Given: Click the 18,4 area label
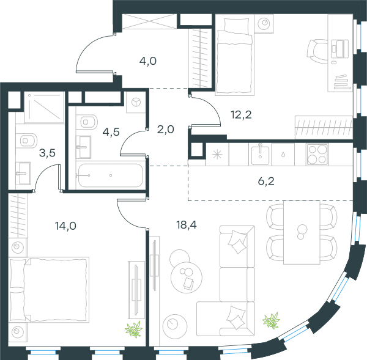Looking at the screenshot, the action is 187,225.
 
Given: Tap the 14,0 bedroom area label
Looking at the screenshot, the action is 65,226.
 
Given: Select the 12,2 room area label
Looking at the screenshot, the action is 241,115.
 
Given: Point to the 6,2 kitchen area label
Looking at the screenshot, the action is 266,182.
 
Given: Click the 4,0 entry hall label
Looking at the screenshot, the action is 148,61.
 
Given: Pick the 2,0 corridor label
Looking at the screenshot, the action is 166,130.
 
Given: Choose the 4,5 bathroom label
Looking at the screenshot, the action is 111,132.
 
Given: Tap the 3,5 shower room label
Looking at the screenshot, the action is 47,153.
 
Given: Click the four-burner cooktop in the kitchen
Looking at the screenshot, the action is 317,155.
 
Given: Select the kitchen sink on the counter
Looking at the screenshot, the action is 261,154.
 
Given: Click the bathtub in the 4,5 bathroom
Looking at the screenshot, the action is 111,175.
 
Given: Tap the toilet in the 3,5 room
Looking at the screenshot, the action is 27,141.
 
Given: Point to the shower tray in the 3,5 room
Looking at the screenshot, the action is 45,108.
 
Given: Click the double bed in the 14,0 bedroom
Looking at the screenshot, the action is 49,290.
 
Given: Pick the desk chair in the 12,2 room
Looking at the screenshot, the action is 317,51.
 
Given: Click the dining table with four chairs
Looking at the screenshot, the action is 302,232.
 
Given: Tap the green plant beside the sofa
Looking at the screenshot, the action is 272,320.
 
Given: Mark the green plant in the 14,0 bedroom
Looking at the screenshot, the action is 133,329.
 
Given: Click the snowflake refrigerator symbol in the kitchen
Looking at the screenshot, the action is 217,155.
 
